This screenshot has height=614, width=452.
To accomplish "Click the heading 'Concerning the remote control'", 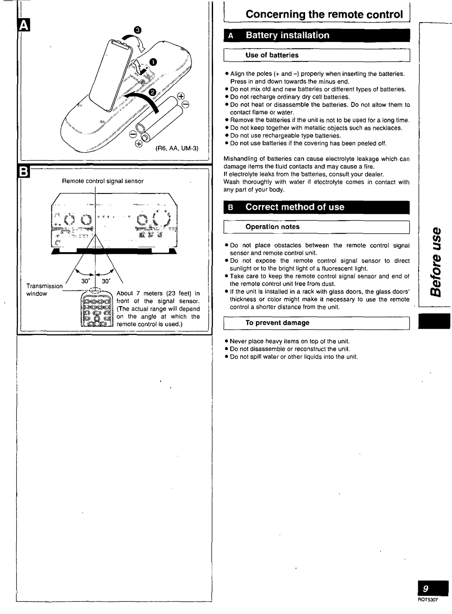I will pos(324,15).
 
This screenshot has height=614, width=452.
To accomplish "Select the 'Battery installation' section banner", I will pos(287,35).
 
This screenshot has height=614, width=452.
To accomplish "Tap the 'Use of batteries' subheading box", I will pos(272,55).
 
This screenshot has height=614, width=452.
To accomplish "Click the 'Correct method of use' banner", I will pos(295,207).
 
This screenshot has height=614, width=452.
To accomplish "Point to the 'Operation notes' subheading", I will pos(272,227).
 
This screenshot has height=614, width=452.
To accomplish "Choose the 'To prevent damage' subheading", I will pos(277,323).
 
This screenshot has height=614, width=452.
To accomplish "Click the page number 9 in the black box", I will pos(425,589).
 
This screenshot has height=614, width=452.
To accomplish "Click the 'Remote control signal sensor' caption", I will pos(103,181).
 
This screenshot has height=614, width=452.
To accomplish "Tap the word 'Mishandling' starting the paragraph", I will pos(239,159).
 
